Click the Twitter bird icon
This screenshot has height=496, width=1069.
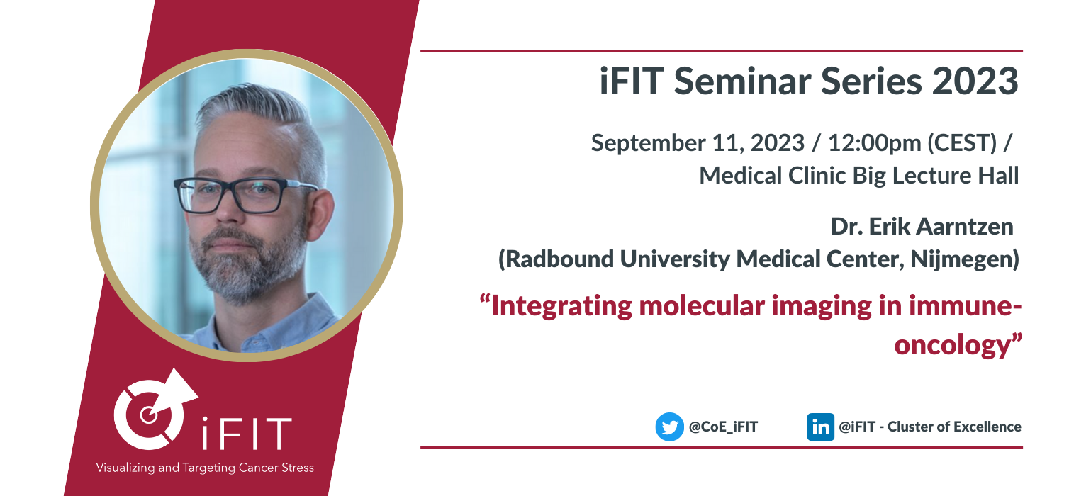[x=670, y=427]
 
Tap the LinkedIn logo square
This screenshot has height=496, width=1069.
[x=821, y=427]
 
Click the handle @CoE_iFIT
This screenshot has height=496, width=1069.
[x=723, y=427]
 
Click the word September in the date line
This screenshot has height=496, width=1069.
[x=648, y=144]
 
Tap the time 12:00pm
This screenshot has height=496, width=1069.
[x=874, y=144]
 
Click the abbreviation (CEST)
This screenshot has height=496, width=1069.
[x=962, y=143]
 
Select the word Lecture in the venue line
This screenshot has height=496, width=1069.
[x=932, y=176]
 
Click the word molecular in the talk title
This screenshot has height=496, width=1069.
[x=702, y=305]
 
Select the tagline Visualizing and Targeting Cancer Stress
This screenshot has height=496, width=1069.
[x=205, y=468]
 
